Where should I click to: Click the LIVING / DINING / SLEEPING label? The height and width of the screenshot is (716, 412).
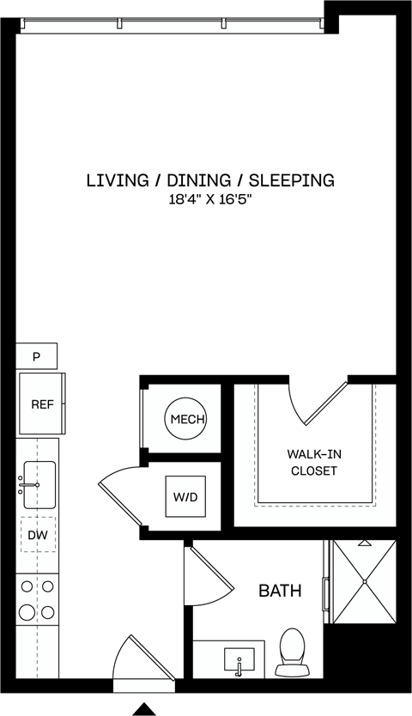[x=209, y=180]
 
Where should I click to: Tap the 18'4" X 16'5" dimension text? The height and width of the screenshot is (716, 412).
[x=209, y=200]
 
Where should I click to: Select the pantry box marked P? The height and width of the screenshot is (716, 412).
[x=37, y=355]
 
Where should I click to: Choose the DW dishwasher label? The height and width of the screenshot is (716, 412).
[x=38, y=534]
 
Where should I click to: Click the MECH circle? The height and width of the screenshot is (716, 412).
[x=185, y=419]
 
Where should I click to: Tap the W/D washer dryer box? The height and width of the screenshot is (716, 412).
[x=185, y=497]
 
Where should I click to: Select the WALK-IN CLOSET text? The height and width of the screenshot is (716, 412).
[x=313, y=463]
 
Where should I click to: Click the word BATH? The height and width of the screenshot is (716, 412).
[x=280, y=591]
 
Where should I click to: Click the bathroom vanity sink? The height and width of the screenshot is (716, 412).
[x=239, y=661]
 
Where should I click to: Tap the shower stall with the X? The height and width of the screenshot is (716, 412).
[x=365, y=581]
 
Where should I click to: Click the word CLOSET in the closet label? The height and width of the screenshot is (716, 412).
[x=313, y=471]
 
